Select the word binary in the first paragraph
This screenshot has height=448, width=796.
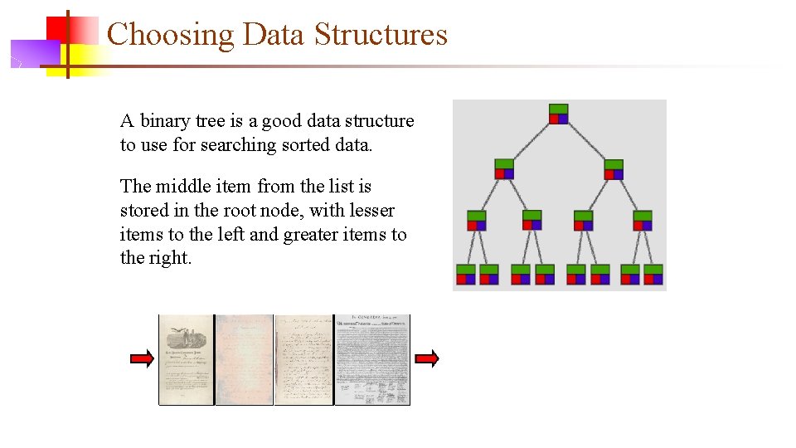click(x=164, y=121)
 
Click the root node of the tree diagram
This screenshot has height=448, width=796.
click(x=559, y=114)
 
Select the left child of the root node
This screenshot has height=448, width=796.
click(x=504, y=168)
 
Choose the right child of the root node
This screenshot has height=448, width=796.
click(x=614, y=168)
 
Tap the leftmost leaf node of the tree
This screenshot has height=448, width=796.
click(x=465, y=275)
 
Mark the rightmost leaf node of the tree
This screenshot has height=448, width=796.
click(x=653, y=275)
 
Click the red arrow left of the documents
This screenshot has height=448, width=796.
click(x=143, y=359)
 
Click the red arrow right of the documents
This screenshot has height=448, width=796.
click(x=426, y=359)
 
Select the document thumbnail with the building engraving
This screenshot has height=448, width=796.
click(x=187, y=359)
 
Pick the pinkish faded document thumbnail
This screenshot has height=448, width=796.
click(x=245, y=359)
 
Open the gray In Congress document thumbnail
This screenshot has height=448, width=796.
click(x=372, y=359)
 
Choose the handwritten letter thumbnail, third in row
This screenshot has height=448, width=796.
click(x=303, y=359)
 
